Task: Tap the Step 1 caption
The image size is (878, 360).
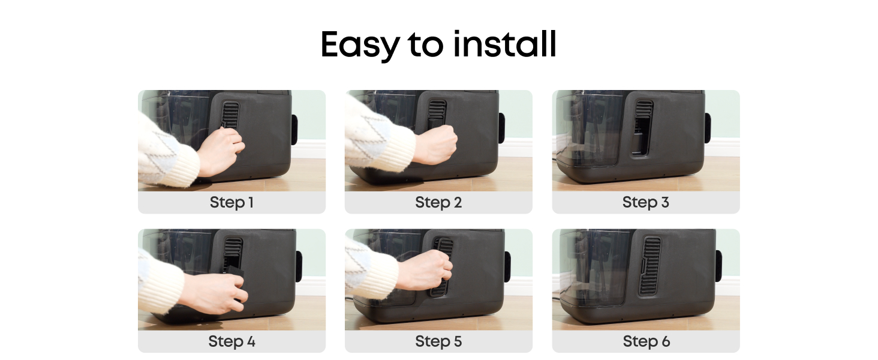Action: (231, 202)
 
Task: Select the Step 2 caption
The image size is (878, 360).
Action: (438, 202)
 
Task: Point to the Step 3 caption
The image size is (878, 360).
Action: (646, 202)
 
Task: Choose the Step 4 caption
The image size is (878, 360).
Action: (231, 341)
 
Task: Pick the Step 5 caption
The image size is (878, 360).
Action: (438, 341)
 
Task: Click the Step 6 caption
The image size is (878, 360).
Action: (647, 341)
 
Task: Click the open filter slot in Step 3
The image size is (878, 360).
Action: (641, 136)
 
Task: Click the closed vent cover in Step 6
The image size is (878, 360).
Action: (650, 266)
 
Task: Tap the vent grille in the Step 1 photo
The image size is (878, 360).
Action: (230, 115)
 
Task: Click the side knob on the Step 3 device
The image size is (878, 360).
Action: (708, 128)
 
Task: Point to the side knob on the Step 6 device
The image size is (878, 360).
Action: (719, 266)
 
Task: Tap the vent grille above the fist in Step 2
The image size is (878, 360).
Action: (437, 109)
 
